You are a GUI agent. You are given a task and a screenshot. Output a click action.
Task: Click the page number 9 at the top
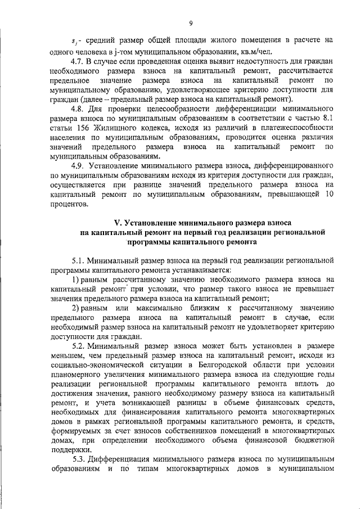click(x=191, y=22)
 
